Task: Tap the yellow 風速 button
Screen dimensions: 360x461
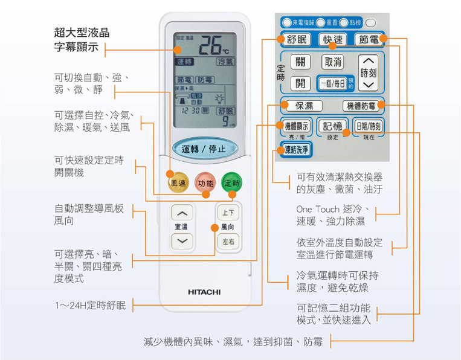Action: point(178,182)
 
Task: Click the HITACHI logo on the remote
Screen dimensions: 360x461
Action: point(204,292)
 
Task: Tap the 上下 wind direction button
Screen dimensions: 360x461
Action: point(228,213)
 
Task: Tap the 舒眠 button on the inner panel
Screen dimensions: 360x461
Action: point(296,40)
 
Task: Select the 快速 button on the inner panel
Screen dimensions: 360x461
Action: point(333,40)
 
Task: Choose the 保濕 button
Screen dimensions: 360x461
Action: point(304,106)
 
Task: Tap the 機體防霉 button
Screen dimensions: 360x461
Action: point(361,106)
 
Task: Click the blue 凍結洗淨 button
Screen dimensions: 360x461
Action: point(297,149)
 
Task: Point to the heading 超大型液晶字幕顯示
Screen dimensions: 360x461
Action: point(81,39)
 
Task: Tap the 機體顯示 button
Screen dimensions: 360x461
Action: point(297,126)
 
